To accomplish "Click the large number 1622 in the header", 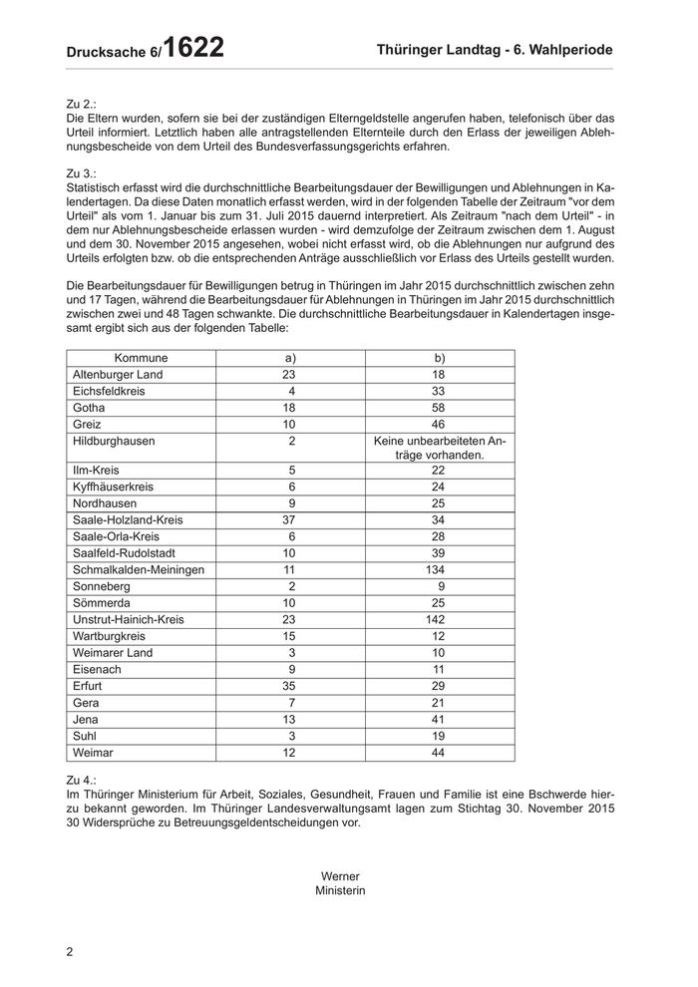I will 193,47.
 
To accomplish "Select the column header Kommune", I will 141,358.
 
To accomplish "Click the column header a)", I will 291,358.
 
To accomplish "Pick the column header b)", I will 440,358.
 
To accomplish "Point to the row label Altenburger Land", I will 118,374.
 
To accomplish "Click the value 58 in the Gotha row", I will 439,408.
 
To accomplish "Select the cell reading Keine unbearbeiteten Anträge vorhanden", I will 440,448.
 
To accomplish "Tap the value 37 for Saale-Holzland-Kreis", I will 289,519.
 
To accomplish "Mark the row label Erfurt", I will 88,687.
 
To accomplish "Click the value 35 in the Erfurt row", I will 289,687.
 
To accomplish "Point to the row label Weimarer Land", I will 113,652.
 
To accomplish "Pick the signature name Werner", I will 340,876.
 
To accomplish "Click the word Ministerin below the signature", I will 340,890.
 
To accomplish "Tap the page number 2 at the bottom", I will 70,951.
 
